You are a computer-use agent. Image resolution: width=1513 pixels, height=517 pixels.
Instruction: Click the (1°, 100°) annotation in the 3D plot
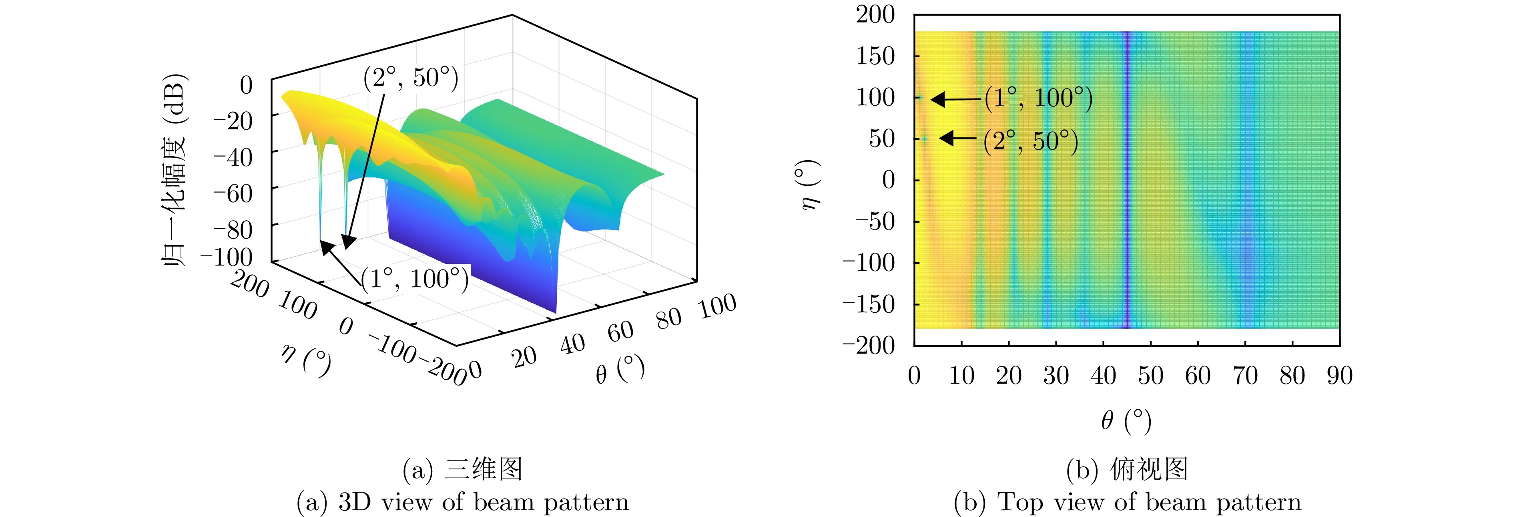[415, 279]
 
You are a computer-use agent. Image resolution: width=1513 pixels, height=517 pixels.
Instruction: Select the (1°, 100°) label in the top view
[1038, 98]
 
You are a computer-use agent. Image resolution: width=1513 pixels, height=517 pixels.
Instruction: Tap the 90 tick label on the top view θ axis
[1339, 375]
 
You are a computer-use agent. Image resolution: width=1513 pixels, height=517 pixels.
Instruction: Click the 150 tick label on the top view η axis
[875, 56]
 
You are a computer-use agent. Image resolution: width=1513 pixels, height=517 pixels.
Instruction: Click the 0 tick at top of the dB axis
[246, 85]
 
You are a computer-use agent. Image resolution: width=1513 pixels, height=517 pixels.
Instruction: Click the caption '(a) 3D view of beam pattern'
[462, 502]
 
